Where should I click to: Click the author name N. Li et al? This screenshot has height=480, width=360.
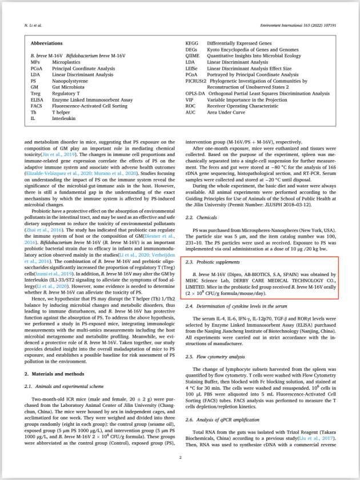click(x=33, y=26)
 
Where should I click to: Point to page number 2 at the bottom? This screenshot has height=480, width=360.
click(x=180, y=457)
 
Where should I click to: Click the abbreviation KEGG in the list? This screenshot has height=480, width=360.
click(x=193, y=43)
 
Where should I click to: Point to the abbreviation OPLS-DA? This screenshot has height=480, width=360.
click(x=195, y=93)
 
